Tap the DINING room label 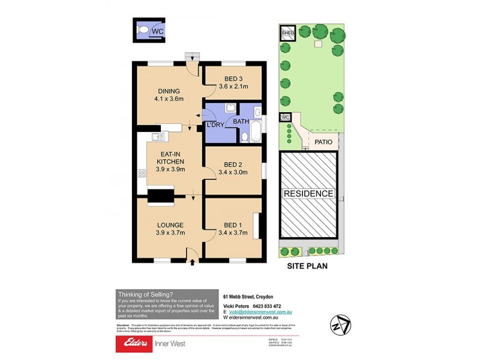[152, 91]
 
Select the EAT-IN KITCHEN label [170, 157]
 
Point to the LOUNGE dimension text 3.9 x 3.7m [170, 233]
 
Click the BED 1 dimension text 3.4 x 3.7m [233, 233]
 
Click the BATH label [241, 122]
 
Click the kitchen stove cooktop [142, 173]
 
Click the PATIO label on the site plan [324, 142]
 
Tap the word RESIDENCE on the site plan [308, 194]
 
